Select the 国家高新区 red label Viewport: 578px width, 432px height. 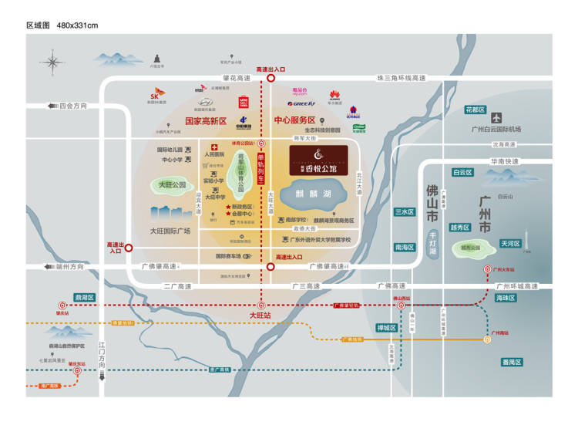click(207, 121)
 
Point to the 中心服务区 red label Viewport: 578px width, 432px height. click(295, 121)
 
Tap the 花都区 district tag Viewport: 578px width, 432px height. click(475, 110)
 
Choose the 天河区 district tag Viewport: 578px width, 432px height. click(510, 244)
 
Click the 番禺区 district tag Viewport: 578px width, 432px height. click(512, 362)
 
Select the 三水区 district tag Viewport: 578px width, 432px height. click(405, 211)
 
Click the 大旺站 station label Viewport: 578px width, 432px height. click(260, 316)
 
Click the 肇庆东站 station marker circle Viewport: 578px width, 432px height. click(77, 370)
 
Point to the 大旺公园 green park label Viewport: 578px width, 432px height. click(173, 185)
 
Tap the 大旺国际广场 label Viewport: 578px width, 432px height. click(171, 230)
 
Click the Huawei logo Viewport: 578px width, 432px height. click(335, 96)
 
